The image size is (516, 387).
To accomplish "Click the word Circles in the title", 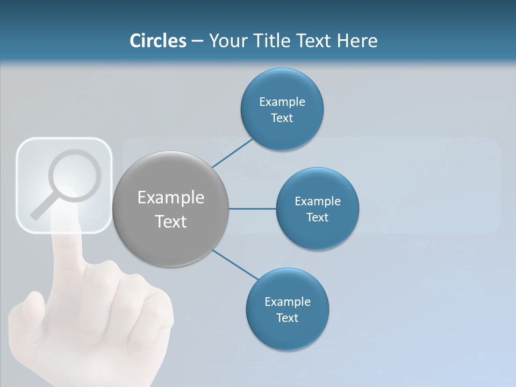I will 158,41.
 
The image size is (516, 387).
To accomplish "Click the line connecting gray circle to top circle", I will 233,153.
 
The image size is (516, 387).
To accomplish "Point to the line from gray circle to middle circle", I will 253,209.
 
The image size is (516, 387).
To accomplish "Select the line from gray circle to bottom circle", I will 235,264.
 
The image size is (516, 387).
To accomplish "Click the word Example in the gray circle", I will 170,198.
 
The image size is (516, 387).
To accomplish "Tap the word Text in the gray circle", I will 170,221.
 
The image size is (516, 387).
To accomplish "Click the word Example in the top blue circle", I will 282,102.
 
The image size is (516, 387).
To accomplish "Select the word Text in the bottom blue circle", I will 287,318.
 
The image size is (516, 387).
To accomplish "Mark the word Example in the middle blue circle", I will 318,202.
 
